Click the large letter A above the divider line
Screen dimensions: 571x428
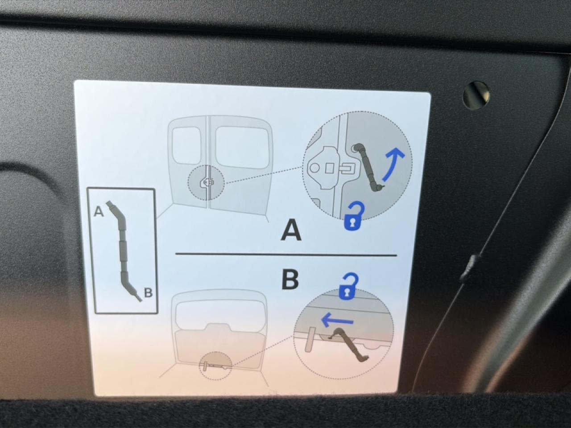(x=291, y=230)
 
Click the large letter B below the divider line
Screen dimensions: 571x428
(x=290, y=280)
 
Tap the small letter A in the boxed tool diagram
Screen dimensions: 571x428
(x=99, y=211)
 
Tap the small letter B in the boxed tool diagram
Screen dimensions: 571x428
(x=148, y=292)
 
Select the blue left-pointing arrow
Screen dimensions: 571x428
(x=337, y=321)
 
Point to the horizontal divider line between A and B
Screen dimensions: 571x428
(x=286, y=255)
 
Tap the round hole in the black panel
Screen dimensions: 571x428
(x=476, y=95)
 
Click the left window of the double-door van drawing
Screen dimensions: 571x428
(x=186, y=146)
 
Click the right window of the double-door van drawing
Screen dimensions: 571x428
(x=242, y=147)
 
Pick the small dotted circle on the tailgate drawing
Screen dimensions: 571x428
(x=215, y=366)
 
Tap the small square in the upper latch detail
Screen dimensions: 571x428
(x=330, y=169)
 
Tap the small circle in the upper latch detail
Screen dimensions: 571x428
(x=315, y=168)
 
